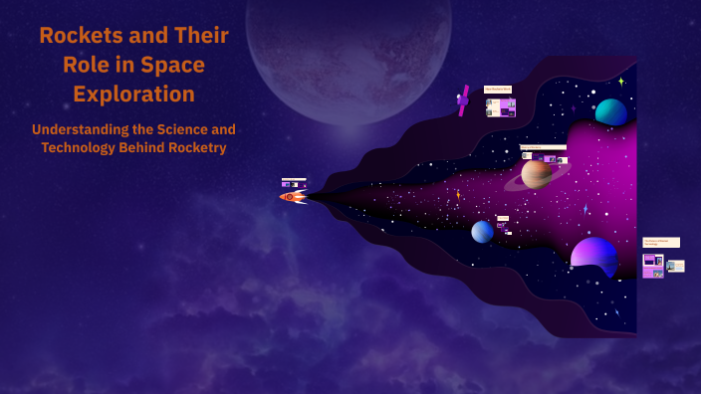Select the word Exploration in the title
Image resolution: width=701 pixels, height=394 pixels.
[x=133, y=95]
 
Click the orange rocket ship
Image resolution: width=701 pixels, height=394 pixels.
[x=293, y=196]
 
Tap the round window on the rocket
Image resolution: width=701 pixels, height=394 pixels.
[x=291, y=196]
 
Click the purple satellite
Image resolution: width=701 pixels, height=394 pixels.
[x=463, y=99]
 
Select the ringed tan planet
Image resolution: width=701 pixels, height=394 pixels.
[x=537, y=174]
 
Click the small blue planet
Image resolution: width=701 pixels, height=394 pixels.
[x=482, y=232]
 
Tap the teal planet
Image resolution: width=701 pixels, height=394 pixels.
[x=610, y=112]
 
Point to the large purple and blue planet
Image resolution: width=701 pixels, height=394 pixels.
[x=593, y=255]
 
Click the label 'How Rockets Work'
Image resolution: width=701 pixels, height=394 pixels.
[x=498, y=90]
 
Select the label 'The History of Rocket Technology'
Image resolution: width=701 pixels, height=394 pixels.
[x=661, y=242]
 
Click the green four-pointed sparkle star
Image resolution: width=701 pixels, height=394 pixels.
[x=621, y=82]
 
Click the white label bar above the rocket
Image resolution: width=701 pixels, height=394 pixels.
[x=294, y=179]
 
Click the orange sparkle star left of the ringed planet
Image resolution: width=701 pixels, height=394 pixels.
[x=458, y=194]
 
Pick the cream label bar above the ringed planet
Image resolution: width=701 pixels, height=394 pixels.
[x=543, y=147]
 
